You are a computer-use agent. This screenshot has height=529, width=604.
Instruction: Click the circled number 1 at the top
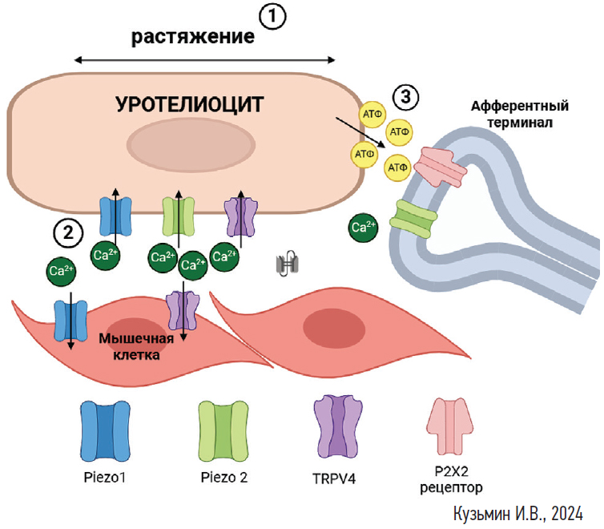[x=273, y=16]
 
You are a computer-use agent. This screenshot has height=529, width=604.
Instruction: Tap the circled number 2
[x=68, y=232]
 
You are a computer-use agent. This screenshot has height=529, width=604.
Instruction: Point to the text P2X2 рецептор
[x=453, y=479]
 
